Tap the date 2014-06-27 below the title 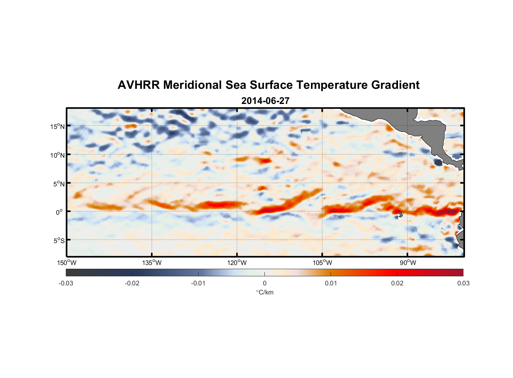pos(265,101)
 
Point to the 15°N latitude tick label pos(58,126)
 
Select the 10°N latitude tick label pos(58,155)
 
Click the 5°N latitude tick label pos(59,184)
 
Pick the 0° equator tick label pos(59,212)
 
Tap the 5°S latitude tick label pos(59,241)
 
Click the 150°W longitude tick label pos(67,263)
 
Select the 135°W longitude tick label pos(152,263)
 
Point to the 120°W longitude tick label pos(237,263)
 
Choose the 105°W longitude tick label pos(322,263)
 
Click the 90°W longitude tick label pos(408,263)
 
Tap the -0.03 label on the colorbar pos(66,283)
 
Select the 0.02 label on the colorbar pos(397,283)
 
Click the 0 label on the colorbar pos(264,283)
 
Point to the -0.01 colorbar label pos(198,283)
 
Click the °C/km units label pos(265,292)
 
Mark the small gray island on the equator pos(400,214)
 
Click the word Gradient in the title pos(395,85)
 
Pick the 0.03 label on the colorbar pos(463,283)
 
